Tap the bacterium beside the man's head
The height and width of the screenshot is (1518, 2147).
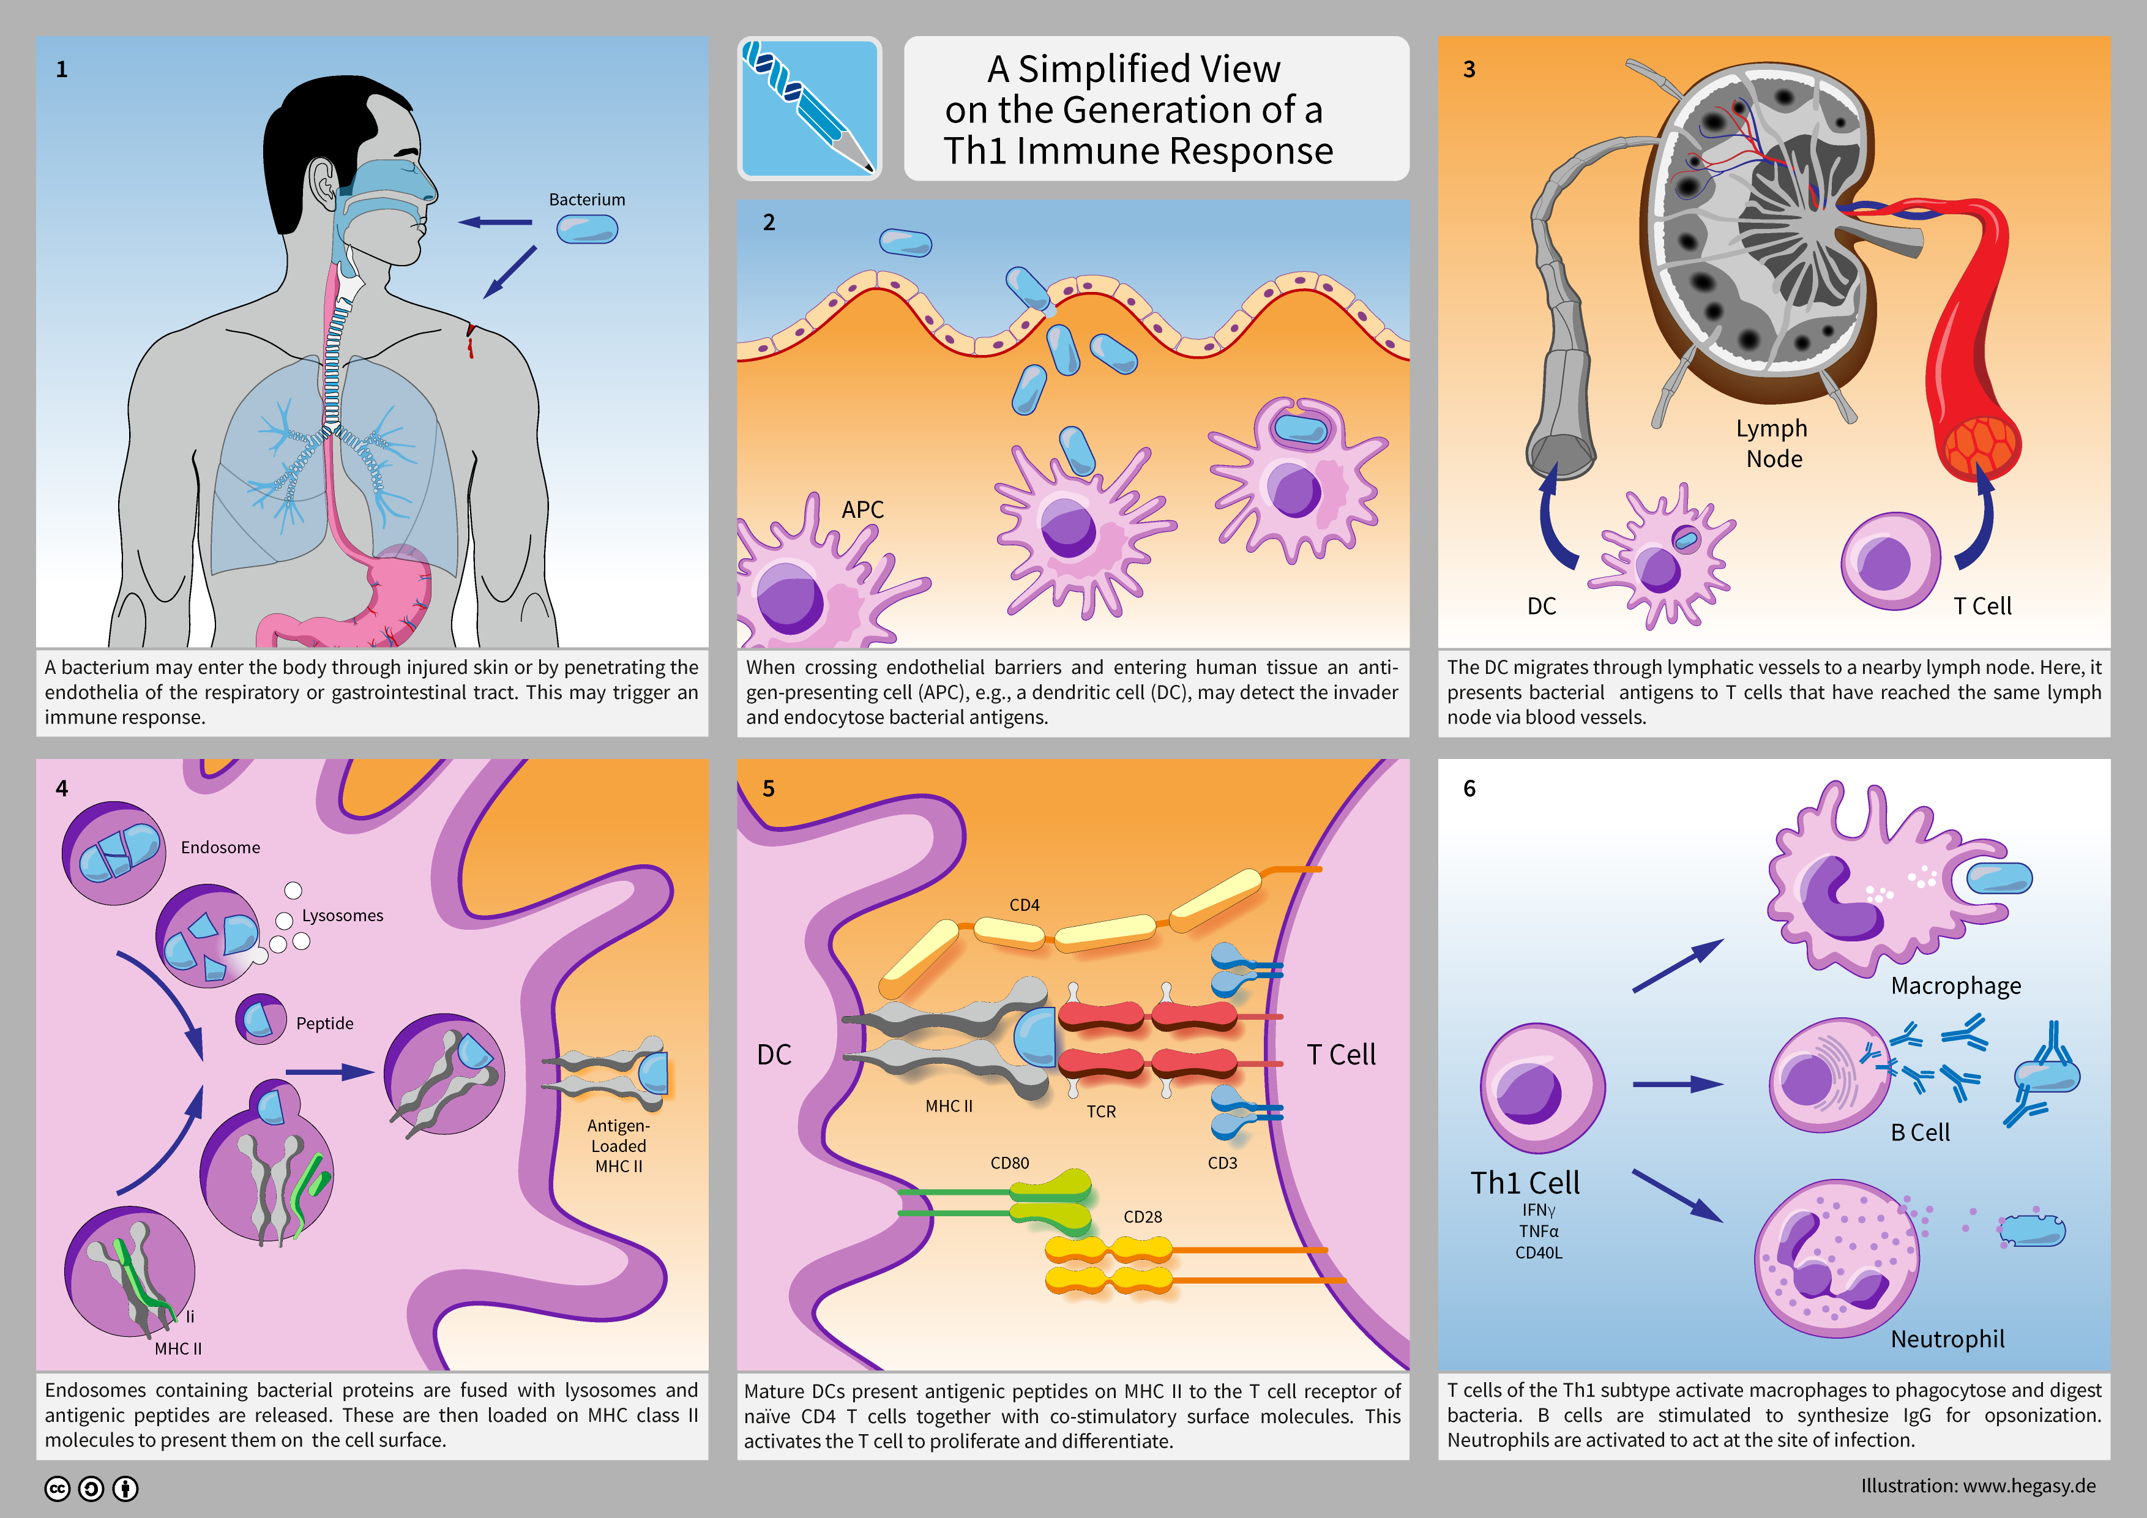[x=588, y=229]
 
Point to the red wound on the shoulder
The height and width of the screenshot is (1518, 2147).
[x=471, y=340]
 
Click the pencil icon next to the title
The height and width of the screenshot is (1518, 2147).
[x=809, y=108]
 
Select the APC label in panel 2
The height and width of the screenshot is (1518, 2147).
[x=862, y=510]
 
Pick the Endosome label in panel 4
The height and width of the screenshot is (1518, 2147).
[x=221, y=847]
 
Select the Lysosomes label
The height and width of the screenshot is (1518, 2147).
[x=342, y=916]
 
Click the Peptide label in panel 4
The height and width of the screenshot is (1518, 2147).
[x=324, y=1023]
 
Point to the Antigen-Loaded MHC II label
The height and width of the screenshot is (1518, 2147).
[x=618, y=1146]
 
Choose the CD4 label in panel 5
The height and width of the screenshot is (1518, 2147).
[x=1024, y=905]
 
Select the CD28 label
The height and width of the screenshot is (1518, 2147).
[x=1142, y=1217]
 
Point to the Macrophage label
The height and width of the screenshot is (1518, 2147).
[x=1955, y=986]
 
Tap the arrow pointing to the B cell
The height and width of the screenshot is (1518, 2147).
[x=1678, y=1084]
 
